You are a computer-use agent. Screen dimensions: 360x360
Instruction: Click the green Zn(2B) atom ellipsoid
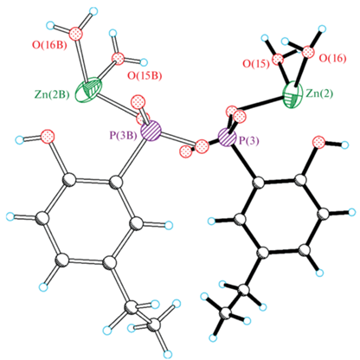point(89,89)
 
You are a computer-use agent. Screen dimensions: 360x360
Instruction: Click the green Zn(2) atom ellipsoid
point(293,95)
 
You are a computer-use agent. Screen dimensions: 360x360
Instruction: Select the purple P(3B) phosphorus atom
point(151,131)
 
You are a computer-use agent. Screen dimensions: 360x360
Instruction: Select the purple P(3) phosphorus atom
point(228,138)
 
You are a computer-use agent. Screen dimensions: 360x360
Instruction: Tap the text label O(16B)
point(49,46)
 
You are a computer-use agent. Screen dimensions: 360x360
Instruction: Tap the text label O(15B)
point(145,76)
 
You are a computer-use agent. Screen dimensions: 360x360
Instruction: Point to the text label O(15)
point(256,63)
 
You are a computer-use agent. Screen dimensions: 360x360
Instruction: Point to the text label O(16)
point(332,58)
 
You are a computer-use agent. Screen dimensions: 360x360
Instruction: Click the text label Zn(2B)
point(52,94)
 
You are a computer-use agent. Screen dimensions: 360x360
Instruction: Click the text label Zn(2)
point(319,93)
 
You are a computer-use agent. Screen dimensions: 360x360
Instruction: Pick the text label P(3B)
point(123,136)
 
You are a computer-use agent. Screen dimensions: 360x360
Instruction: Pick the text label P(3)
point(247,140)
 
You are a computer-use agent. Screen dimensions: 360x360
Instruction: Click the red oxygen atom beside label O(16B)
point(76,33)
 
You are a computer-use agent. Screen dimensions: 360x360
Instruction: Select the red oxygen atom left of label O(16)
point(308,53)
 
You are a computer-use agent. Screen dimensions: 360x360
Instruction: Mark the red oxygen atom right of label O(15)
point(278,60)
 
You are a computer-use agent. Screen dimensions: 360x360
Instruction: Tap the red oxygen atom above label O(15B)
point(119,58)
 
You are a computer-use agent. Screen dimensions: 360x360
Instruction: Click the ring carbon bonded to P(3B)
point(116,183)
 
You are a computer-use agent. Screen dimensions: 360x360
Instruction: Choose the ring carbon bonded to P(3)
point(259,183)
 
